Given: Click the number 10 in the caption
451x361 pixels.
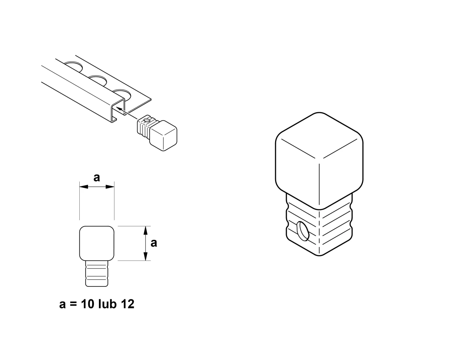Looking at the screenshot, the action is coord(88,304).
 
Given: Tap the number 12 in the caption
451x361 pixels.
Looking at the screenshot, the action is coord(128,304).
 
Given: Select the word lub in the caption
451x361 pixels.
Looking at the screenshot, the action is coord(107,304).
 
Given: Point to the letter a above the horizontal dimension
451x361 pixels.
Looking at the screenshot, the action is coord(97,178).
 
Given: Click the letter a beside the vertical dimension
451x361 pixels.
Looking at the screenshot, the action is coord(154,243).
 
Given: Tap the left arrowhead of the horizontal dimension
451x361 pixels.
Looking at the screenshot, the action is coord(83,187).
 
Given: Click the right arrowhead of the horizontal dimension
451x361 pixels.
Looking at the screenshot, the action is coord(110,187).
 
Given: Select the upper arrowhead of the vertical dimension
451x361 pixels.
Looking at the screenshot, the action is coord(145,230).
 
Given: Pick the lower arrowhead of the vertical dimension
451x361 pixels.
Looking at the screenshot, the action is coord(145,256).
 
